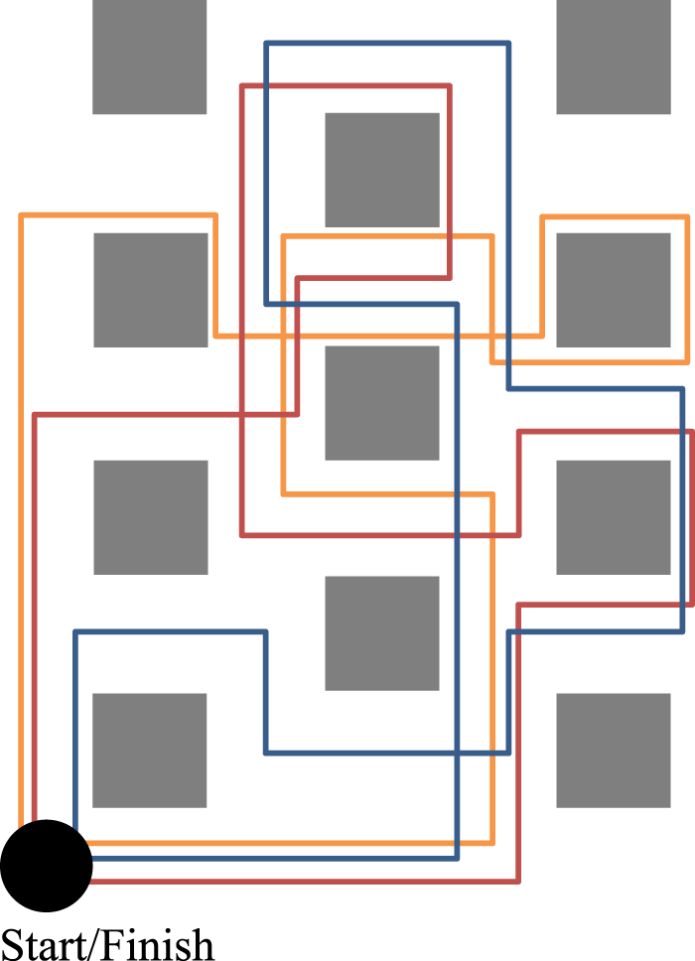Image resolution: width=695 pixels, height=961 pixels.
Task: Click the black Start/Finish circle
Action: (46, 866)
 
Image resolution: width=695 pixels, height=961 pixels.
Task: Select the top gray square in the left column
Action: (149, 57)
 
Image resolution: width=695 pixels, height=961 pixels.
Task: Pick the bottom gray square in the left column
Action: (149, 751)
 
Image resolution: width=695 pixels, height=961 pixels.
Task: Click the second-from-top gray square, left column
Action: (151, 290)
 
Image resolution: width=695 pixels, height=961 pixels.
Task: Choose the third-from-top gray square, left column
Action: (151, 517)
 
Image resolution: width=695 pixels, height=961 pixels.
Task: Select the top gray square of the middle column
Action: (382, 170)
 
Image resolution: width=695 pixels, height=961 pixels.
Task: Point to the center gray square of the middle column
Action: (382, 403)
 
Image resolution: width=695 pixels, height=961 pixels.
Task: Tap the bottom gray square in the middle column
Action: (382, 633)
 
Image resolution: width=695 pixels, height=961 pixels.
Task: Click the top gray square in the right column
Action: (614, 57)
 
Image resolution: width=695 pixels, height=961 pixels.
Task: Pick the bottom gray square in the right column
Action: (614, 751)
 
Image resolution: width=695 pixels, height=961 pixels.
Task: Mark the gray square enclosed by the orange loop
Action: (614, 290)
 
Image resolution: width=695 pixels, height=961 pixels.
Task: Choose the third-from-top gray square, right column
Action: (614, 517)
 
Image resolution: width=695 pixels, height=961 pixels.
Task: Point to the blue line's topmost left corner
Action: (266, 43)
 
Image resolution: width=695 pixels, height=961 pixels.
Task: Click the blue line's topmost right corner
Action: (508, 43)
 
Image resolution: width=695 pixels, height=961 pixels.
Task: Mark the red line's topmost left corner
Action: (243, 86)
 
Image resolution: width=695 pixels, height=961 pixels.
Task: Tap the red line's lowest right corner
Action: (518, 880)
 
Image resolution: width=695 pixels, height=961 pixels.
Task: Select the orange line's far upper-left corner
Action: (22, 214)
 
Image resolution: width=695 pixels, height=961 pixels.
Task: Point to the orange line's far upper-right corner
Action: (687, 216)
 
